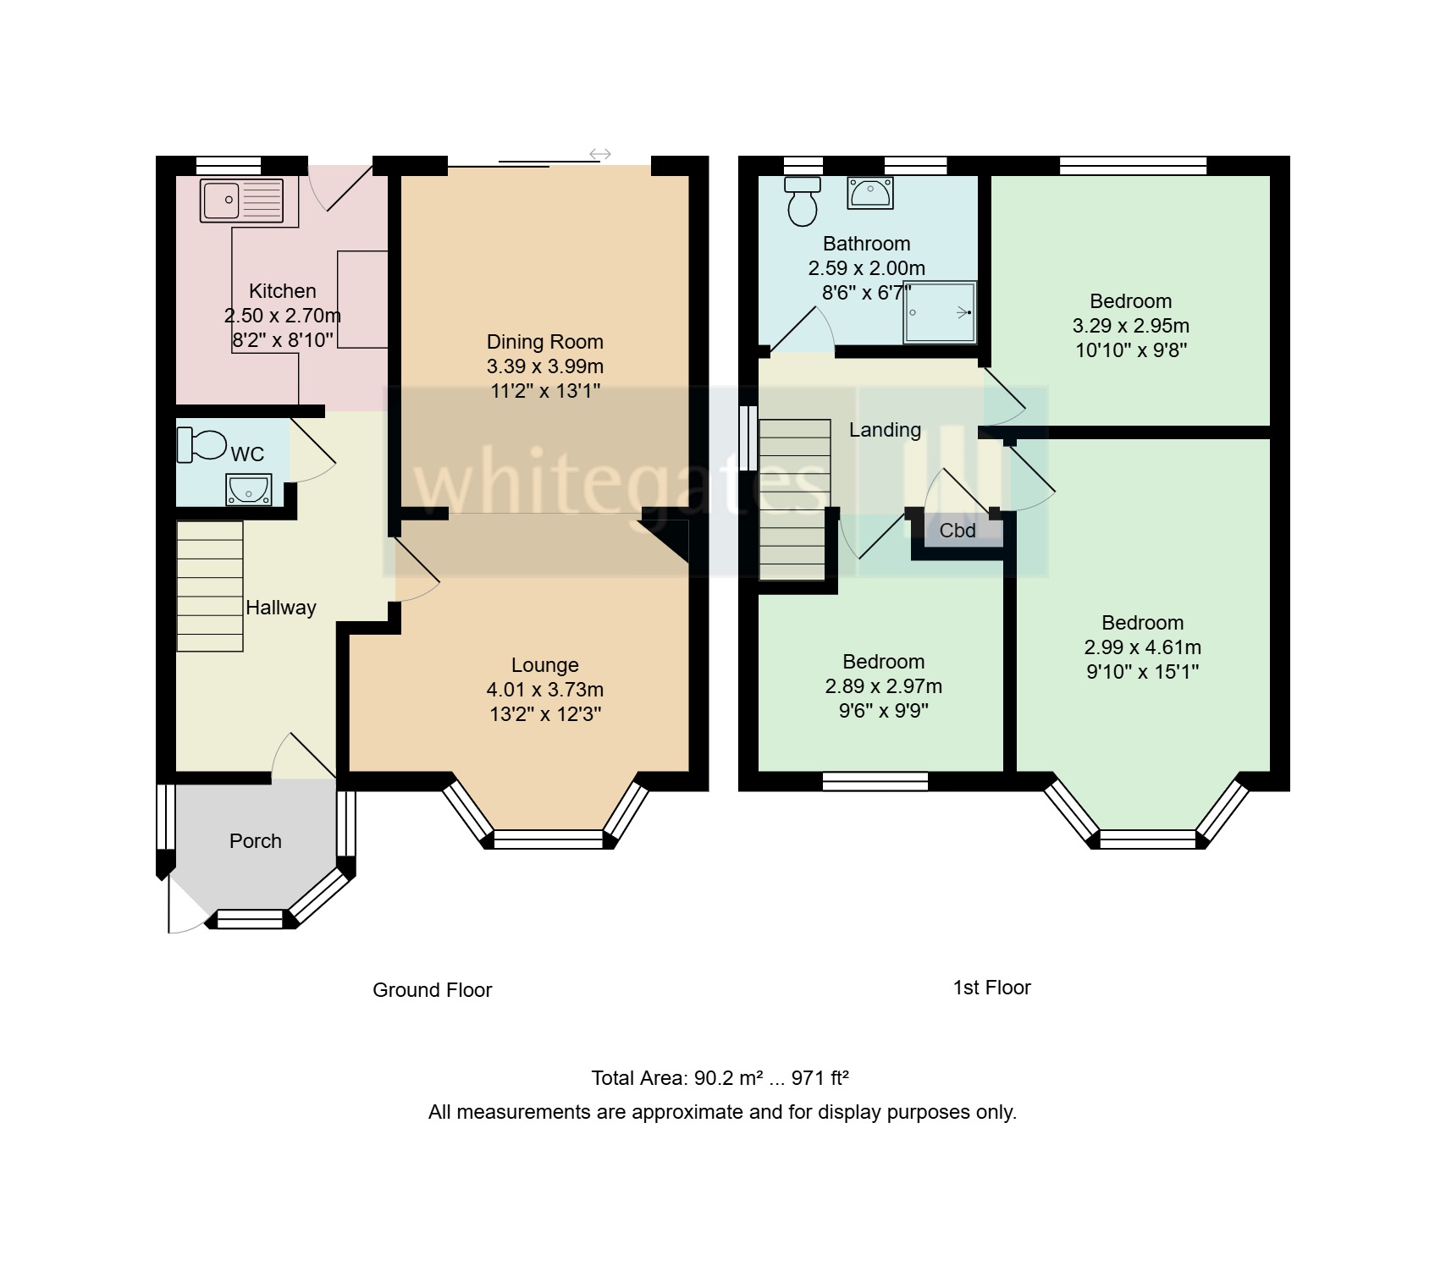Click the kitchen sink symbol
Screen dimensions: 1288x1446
tap(241, 201)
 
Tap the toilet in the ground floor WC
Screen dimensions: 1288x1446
tap(201, 444)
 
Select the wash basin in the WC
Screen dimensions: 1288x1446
tap(248, 489)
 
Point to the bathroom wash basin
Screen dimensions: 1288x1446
tap(869, 193)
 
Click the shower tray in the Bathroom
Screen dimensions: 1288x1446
tap(940, 312)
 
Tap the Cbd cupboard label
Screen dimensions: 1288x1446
tap(958, 531)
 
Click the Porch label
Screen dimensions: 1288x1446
tap(255, 841)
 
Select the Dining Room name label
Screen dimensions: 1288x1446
tap(544, 342)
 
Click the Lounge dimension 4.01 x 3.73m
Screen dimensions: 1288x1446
tap(544, 690)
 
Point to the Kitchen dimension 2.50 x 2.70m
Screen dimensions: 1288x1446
tap(282, 316)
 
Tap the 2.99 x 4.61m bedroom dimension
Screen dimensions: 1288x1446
tap(1142, 647)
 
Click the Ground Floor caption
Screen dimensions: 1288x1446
tap(432, 990)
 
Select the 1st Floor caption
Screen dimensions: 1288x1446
tap(991, 988)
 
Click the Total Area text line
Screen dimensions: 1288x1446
tap(720, 1078)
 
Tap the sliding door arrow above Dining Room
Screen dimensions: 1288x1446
tap(599, 154)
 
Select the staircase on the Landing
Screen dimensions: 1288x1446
tap(793, 499)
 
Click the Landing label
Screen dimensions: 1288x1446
tap(885, 430)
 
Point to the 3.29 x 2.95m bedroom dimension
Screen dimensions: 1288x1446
tap(1130, 326)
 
